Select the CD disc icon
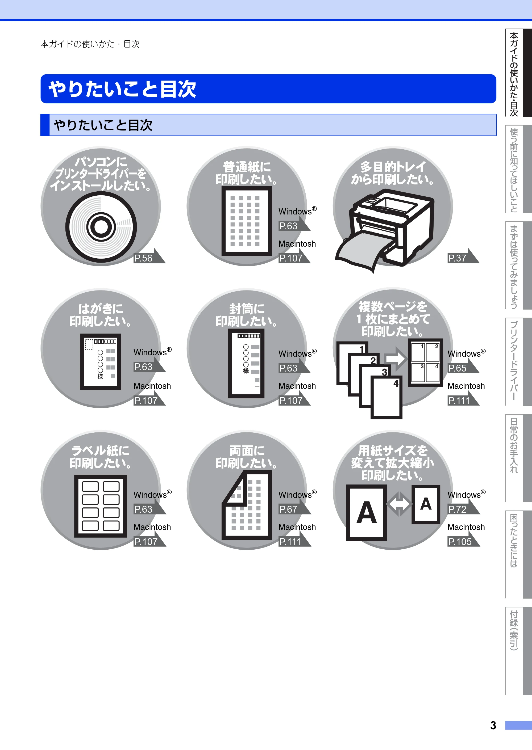pos(101,227)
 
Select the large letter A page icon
pos(367,513)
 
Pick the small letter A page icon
pos(426,504)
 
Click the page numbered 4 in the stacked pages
pos(386,398)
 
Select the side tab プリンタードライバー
pos(514,360)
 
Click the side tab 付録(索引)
pos(514,630)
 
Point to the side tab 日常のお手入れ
pos(514,445)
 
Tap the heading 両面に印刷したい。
pos(246,457)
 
